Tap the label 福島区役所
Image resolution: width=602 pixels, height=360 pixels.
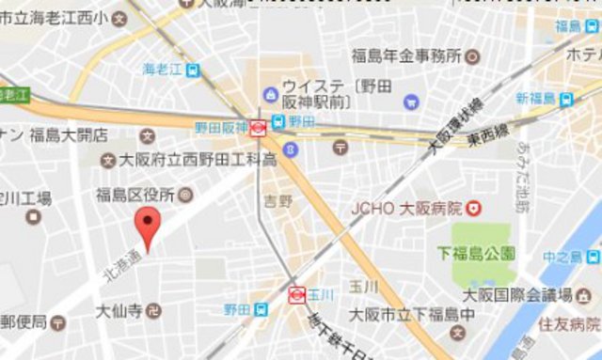[135, 196]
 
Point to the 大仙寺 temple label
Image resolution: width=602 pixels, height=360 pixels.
[119, 309]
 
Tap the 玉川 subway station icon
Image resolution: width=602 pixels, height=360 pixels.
[294, 294]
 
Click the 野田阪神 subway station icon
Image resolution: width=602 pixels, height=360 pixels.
[257, 125]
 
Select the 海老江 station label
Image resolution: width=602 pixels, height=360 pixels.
[162, 69]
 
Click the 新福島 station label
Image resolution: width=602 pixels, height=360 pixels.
[536, 99]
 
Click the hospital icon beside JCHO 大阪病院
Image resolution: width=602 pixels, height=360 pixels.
[475, 207]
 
